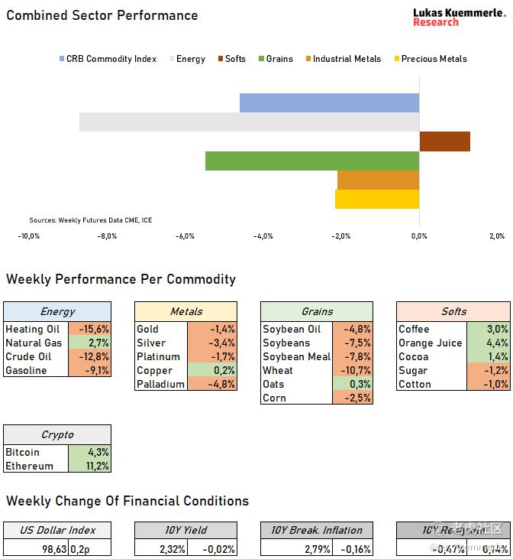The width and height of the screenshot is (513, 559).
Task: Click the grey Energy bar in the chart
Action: (249, 122)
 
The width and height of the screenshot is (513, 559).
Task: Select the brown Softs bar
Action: (444, 141)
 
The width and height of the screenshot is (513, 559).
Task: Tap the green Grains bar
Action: (312, 161)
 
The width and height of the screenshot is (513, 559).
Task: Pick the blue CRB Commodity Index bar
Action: (329, 103)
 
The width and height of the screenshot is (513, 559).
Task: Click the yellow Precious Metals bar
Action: (377, 199)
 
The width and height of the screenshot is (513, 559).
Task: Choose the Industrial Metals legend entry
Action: (343, 59)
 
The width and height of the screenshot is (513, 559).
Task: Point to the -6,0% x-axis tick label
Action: (186, 236)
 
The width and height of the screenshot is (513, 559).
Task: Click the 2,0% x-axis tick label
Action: (496, 236)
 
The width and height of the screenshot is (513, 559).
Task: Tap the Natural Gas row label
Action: (34, 343)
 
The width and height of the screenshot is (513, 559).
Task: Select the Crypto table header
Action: (57, 435)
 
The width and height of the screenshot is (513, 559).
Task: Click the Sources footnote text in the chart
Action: (90, 220)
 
